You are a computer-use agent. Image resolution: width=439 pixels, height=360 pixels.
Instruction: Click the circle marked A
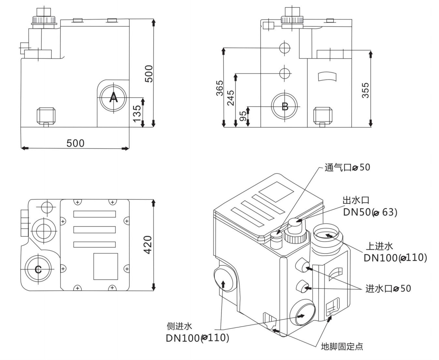click(113, 97)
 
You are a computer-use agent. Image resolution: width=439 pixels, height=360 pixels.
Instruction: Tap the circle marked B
click(285, 106)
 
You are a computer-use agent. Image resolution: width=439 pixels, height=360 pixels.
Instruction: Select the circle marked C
click(38, 269)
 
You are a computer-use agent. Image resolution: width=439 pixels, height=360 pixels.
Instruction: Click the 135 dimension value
click(137, 113)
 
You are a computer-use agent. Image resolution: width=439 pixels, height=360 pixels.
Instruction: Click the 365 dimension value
click(220, 88)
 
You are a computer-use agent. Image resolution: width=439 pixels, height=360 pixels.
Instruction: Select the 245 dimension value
click(231, 98)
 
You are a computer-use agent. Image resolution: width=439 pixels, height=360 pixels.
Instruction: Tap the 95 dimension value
click(243, 116)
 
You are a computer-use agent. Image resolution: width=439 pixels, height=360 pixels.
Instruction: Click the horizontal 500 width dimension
click(75, 143)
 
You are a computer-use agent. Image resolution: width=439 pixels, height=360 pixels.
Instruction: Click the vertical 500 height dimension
click(149, 74)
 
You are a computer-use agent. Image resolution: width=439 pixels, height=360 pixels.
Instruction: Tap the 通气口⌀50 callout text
click(347, 167)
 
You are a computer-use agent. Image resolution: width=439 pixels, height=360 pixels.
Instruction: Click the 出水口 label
click(356, 200)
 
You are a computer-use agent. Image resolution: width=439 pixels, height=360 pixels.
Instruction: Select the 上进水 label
click(379, 246)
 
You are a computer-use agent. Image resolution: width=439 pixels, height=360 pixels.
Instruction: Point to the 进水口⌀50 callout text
click(388, 288)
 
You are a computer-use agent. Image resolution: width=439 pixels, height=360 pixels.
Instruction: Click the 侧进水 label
click(179, 326)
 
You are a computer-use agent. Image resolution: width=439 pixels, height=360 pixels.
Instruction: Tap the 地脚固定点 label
click(342, 346)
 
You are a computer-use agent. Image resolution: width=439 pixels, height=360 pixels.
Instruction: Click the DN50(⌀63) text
click(370, 212)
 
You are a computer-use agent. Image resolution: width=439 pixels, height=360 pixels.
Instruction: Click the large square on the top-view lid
click(106, 266)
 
